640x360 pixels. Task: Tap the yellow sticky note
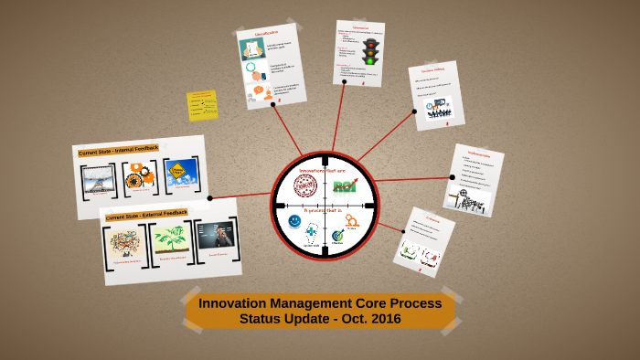point(202,105)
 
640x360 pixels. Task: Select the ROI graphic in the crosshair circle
point(345,186)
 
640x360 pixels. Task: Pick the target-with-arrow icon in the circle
point(338,235)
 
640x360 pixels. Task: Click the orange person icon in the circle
point(352,220)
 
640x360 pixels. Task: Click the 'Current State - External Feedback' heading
point(146,215)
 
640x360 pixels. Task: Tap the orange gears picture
point(140,175)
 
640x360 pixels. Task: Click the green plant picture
point(171,239)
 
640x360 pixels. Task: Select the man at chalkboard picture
point(216,235)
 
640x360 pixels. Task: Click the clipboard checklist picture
point(252,48)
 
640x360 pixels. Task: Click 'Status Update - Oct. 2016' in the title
point(320,319)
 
